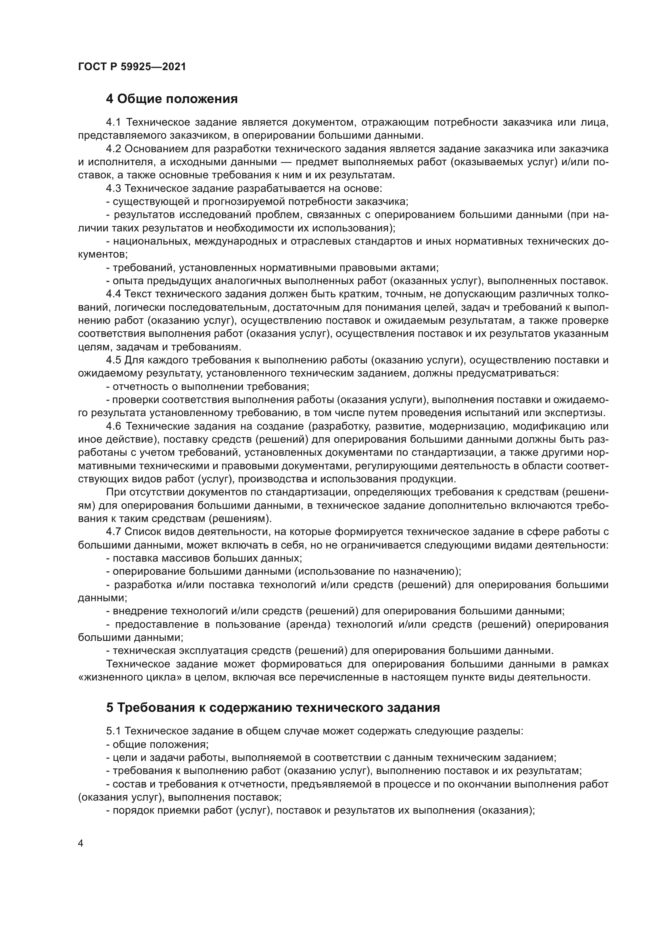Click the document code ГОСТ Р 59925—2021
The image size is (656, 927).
pyautogui.click(x=132, y=67)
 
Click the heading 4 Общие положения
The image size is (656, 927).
pyautogui.click(x=172, y=99)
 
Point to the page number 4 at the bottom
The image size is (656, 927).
pyautogui.click(x=81, y=843)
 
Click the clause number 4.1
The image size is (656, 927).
pyautogui.click(x=113, y=122)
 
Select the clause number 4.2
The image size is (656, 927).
pyautogui.click(x=113, y=149)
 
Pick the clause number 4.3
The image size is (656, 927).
pyautogui.click(x=113, y=189)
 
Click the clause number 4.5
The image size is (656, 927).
pyautogui.click(x=113, y=360)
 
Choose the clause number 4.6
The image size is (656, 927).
pyautogui.click(x=113, y=426)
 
